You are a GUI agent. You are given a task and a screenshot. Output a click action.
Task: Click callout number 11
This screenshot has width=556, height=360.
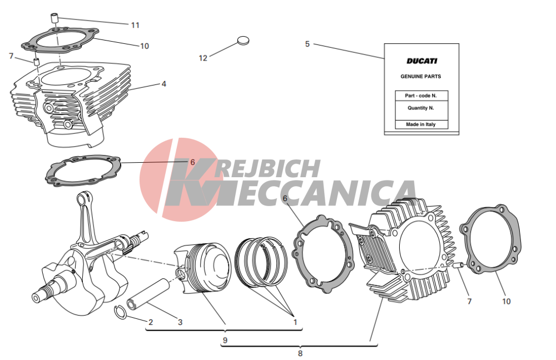click(x=135, y=25)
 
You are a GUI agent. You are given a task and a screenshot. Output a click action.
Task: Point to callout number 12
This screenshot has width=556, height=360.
click(x=203, y=58)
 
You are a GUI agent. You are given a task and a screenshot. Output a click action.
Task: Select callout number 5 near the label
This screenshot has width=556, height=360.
click(x=307, y=44)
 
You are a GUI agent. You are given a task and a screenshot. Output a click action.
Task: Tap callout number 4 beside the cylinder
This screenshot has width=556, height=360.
click(x=164, y=84)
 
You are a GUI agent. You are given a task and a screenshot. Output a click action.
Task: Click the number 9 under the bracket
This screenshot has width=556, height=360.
click(x=225, y=340)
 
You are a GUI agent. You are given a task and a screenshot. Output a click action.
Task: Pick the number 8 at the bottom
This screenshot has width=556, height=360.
click(x=300, y=353)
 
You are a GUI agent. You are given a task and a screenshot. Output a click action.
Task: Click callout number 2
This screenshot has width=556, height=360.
click(x=151, y=322)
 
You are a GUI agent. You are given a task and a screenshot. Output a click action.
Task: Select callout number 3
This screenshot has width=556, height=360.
click(x=180, y=322)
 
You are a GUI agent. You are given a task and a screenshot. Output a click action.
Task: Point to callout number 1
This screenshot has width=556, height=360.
click(x=295, y=322)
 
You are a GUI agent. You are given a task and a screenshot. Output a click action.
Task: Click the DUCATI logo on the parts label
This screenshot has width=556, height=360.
click(x=421, y=61)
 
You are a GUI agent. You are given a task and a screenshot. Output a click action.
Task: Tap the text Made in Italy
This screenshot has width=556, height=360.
click(x=421, y=124)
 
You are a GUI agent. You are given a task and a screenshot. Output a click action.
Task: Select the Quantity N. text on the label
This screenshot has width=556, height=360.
click(x=421, y=108)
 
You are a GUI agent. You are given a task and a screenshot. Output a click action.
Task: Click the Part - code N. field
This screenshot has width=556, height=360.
click(x=421, y=96)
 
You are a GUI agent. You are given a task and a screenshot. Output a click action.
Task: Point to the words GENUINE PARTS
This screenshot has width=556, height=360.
click(x=421, y=76)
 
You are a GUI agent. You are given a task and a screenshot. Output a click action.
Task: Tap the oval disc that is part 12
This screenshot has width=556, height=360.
click(x=243, y=41)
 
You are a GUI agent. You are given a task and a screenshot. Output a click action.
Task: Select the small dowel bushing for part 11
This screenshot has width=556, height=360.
click(x=54, y=18)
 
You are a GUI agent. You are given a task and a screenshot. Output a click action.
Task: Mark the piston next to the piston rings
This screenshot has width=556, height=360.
click(x=203, y=268)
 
